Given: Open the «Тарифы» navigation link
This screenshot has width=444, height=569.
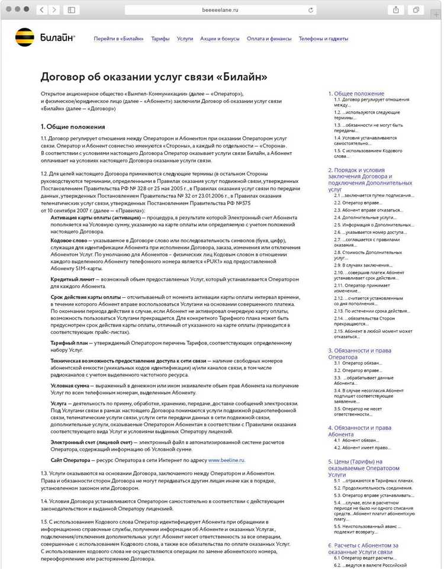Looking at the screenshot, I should (x=160, y=39).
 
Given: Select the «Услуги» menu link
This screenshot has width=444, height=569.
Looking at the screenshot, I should (x=185, y=39).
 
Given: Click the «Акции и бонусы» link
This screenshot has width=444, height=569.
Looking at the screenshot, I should (x=220, y=39).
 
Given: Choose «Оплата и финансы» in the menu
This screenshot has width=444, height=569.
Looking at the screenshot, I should (x=269, y=39).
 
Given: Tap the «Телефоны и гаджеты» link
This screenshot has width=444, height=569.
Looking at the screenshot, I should (x=323, y=39).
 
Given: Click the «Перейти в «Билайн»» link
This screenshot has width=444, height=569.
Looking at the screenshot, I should (x=118, y=39).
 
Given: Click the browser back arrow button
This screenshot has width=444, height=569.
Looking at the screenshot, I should (x=41, y=10).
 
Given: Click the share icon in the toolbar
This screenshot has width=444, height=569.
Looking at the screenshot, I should (x=395, y=10).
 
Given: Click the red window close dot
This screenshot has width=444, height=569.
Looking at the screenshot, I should (x=8, y=9).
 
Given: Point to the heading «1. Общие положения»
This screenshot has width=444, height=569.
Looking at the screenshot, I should (x=73, y=127).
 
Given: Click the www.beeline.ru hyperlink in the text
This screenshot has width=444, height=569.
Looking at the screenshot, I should (x=226, y=460).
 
